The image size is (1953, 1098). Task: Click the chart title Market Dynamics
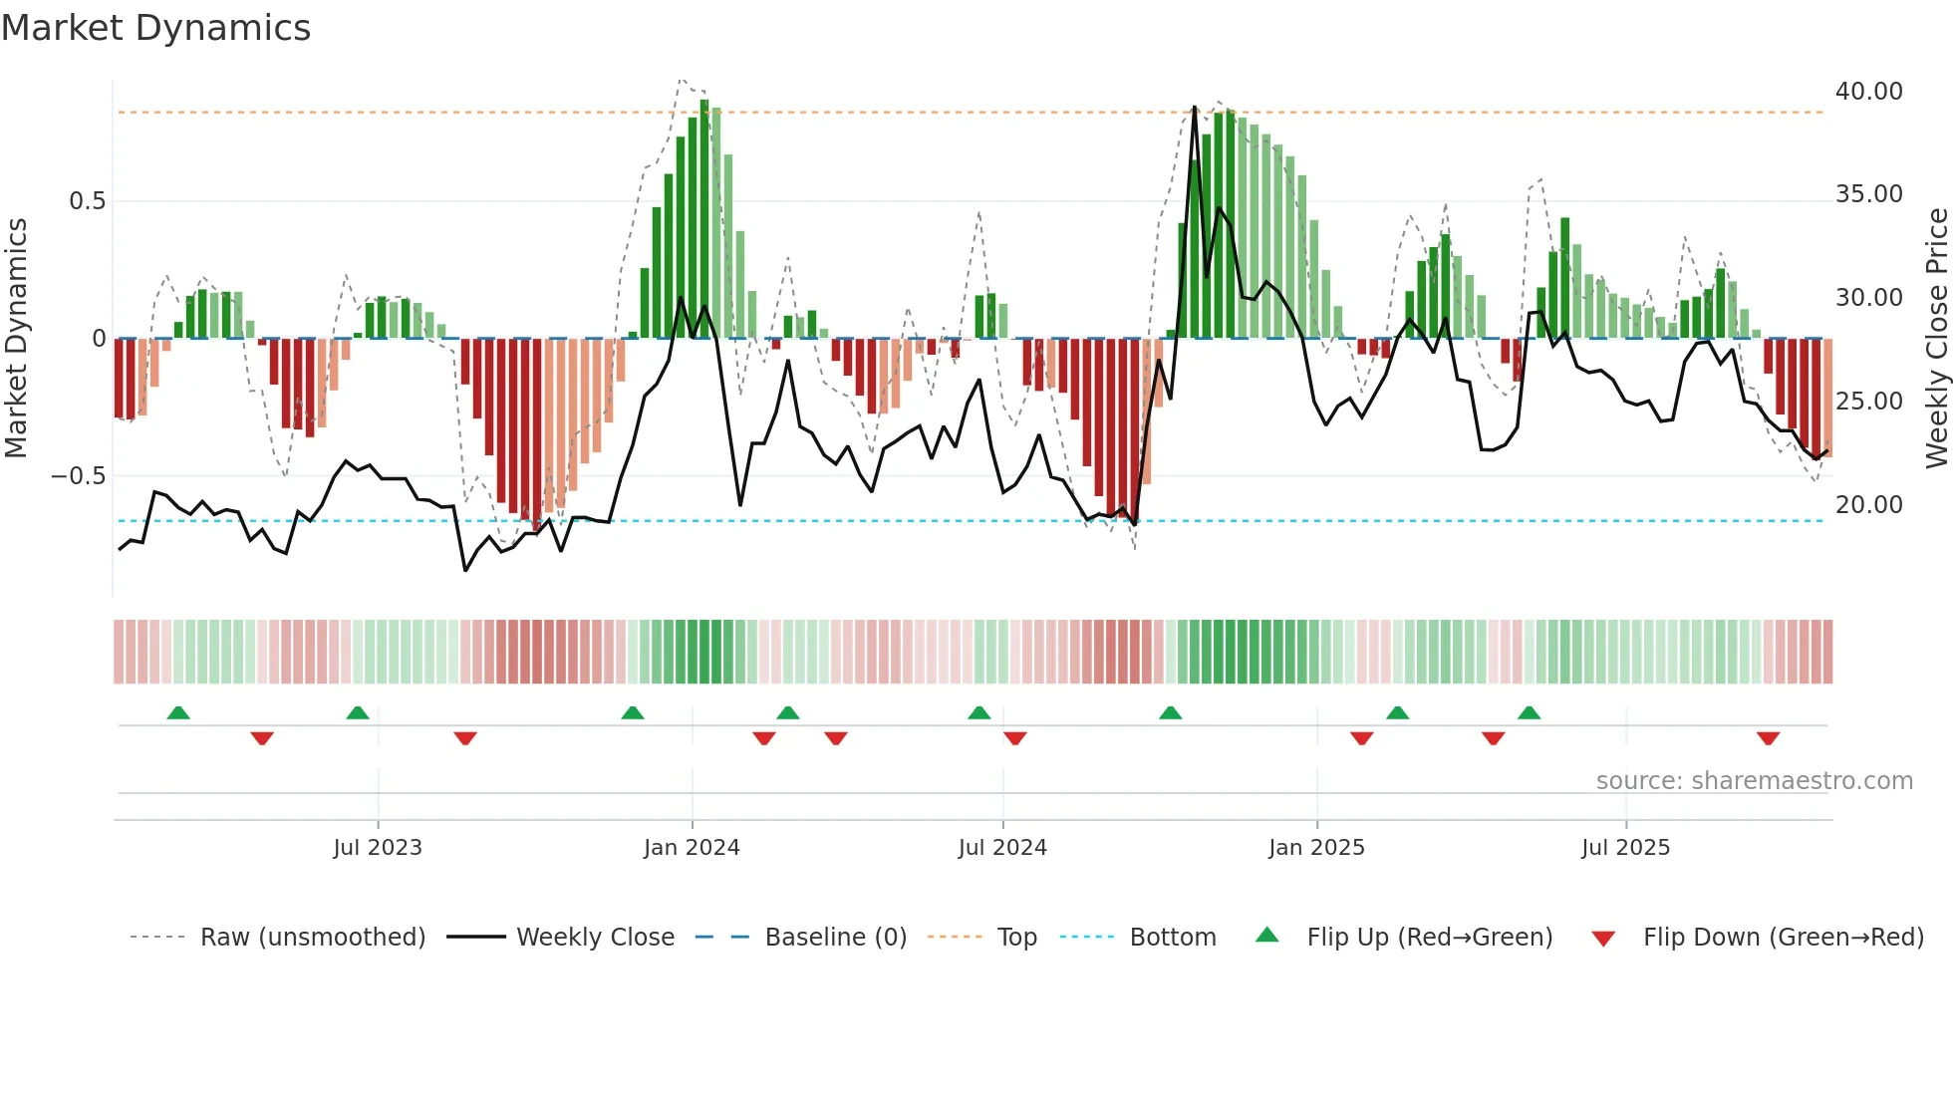tap(156, 28)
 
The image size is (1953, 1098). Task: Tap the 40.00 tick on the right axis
tap(1868, 92)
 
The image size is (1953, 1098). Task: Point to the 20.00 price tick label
tap(1868, 505)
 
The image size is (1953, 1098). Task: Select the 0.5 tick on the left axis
tap(87, 201)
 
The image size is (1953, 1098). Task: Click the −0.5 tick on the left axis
tap(79, 476)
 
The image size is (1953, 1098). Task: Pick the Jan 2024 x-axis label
tap(692, 848)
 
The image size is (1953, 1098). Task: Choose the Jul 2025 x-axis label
tap(1625, 848)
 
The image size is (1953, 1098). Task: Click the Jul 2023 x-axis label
tap(378, 848)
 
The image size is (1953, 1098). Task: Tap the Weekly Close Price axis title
tap(1936, 339)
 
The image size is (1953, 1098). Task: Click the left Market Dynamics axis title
tap(16, 339)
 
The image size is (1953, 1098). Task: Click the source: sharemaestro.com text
tap(1754, 781)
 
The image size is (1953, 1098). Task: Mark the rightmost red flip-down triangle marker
tap(1768, 738)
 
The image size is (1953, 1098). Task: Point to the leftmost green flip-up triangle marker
tap(178, 713)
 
